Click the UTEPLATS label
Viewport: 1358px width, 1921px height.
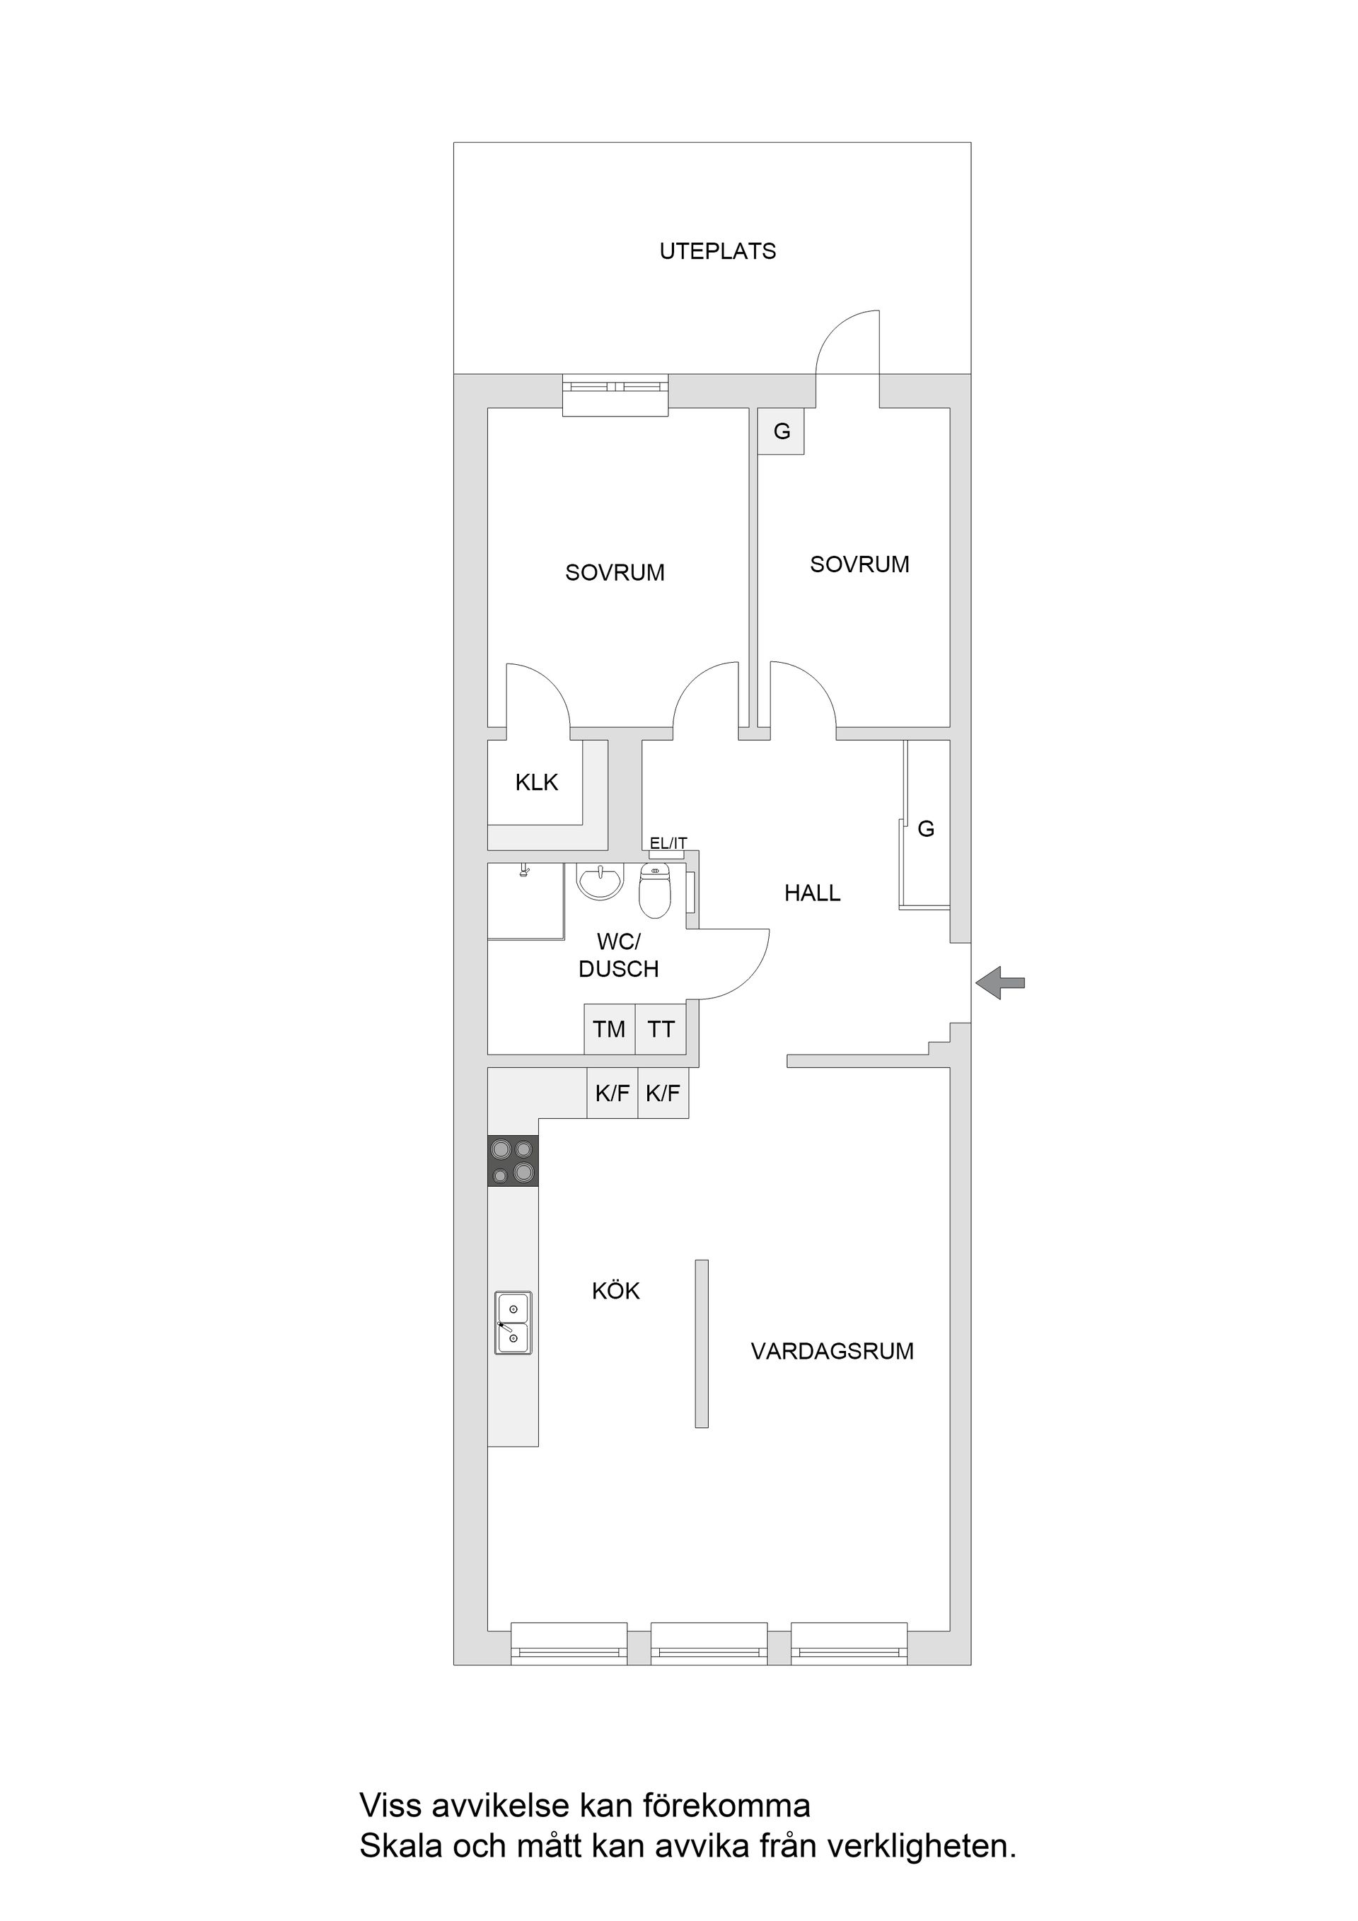[x=717, y=251]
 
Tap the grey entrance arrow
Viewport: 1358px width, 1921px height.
[x=1000, y=982]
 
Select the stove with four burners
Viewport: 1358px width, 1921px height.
[x=513, y=1161]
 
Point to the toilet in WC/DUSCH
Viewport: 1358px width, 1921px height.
[x=655, y=892]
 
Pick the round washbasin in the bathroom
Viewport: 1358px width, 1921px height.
[x=600, y=882]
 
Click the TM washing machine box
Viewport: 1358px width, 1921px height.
[x=609, y=1029]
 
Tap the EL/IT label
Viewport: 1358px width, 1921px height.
[x=668, y=843]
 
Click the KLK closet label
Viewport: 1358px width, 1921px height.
[x=536, y=782]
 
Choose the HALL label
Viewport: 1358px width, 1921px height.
[x=812, y=893]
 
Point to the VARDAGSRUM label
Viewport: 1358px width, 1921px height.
[x=832, y=1351]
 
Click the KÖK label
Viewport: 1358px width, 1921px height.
[x=616, y=1291]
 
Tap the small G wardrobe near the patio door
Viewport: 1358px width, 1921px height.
[x=782, y=431]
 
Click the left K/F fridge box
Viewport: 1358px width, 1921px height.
[x=613, y=1093]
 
